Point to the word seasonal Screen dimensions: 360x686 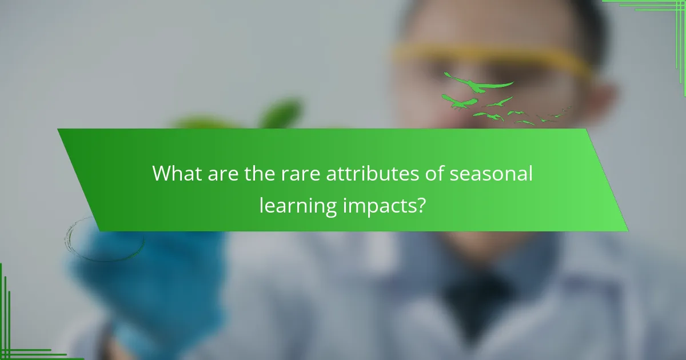click(490, 174)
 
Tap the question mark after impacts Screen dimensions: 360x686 click(421, 204)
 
